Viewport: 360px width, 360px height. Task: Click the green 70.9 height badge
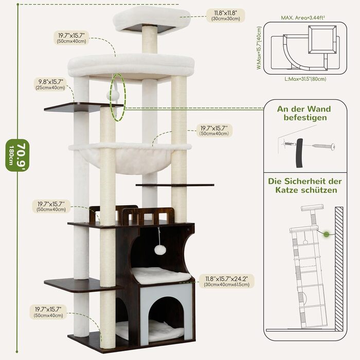(17, 155)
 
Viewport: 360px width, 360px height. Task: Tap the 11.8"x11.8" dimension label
(225, 15)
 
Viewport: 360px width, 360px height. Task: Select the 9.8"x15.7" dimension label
(50, 84)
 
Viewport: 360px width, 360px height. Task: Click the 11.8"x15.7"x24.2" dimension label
(227, 281)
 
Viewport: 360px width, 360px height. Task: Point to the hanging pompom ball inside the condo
(158, 249)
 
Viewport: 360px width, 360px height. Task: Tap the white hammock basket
(130, 158)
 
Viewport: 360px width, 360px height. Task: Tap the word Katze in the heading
(287, 190)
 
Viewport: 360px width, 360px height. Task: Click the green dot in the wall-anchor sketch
(326, 235)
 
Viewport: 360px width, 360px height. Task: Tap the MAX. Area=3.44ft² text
(303, 17)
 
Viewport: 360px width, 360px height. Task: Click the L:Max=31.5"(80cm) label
(305, 79)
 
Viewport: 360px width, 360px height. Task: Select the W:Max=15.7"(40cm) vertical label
(259, 48)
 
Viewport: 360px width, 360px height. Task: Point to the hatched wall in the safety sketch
(339, 268)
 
